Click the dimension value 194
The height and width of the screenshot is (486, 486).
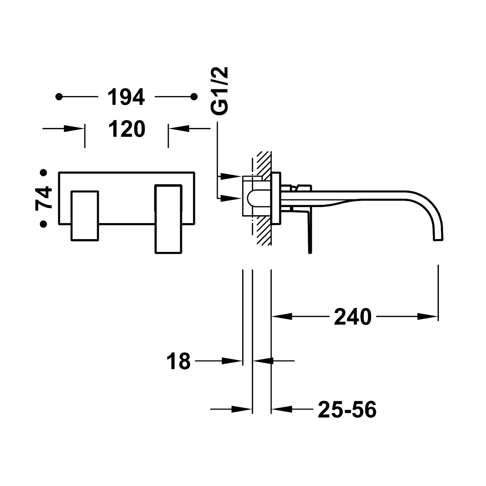click(126, 97)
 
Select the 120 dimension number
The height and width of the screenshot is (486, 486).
click(127, 129)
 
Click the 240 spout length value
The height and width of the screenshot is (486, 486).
click(353, 316)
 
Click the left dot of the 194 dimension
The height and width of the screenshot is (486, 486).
click(59, 97)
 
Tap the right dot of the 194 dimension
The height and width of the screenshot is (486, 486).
click(193, 97)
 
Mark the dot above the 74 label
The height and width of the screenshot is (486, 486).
click(44, 173)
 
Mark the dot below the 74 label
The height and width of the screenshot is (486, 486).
click(44, 224)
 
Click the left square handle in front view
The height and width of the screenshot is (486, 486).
click(85, 215)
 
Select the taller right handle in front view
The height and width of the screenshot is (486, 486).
click(169, 218)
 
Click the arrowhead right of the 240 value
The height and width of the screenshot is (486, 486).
click(427, 316)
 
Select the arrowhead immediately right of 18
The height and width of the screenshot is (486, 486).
click(232, 361)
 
